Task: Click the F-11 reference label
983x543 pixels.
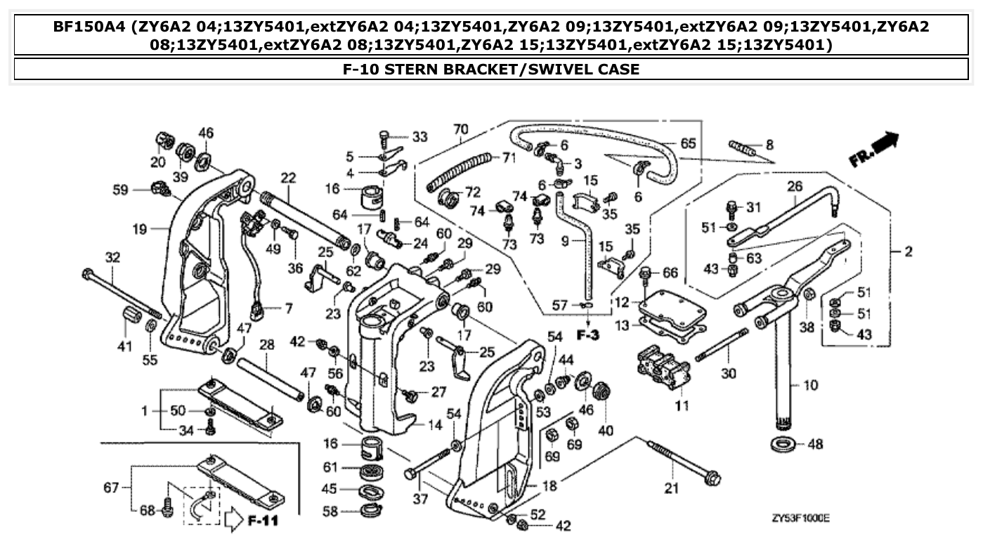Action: pos(266,521)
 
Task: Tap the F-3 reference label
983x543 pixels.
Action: pos(587,336)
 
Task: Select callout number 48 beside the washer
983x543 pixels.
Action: pos(814,444)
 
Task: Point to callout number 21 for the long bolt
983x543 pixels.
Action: pos(672,488)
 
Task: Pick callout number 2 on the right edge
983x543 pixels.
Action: pos(909,251)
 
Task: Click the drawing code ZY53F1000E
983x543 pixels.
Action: pos(800,518)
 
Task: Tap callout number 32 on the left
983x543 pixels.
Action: pos(112,257)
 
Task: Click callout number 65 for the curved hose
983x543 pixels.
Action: pos(688,143)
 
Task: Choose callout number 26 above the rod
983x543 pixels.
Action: pos(794,186)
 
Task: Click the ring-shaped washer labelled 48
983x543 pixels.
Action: pos(781,444)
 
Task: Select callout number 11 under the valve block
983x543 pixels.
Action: pos(682,405)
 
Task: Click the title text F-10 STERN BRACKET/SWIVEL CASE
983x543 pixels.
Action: pos(491,69)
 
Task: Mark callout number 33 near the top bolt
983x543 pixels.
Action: pos(419,137)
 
